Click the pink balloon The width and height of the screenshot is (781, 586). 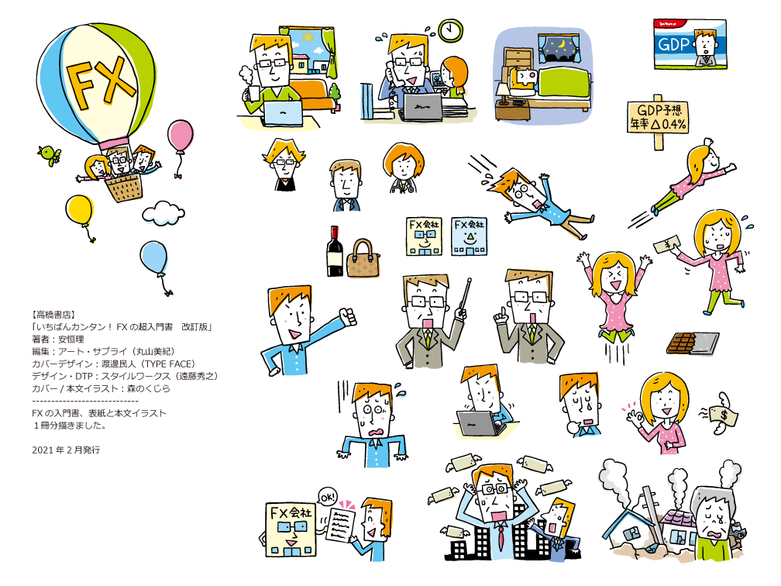pyautogui.click(x=181, y=136)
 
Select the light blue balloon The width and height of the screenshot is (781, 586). pyautogui.click(x=153, y=258)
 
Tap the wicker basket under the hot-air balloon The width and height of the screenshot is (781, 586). pyautogui.click(x=124, y=187)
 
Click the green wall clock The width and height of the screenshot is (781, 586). pyautogui.click(x=449, y=30)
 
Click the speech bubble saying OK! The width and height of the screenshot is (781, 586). pyautogui.click(x=328, y=495)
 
